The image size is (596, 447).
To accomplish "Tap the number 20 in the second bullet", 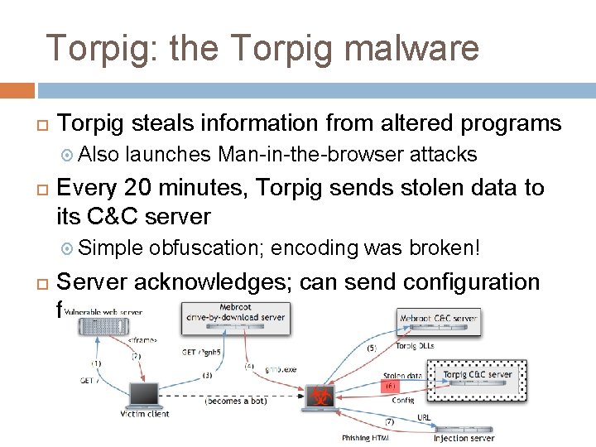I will [x=151, y=188].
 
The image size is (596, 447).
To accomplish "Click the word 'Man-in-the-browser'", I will [x=310, y=154].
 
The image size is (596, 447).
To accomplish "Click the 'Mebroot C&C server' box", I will [x=438, y=320].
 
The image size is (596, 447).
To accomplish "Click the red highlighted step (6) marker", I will [x=389, y=386].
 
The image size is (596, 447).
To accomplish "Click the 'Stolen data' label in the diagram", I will [x=403, y=374].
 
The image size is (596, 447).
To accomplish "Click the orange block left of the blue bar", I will [x=17, y=90].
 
